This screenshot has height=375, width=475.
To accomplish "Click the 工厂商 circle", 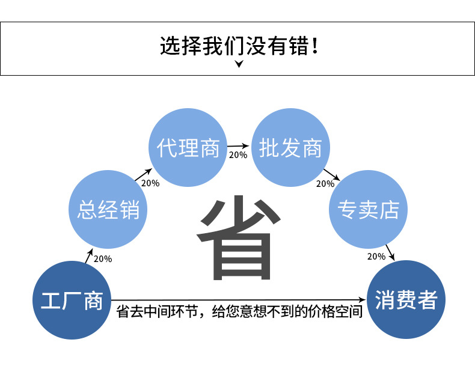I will pyautogui.click(x=72, y=300).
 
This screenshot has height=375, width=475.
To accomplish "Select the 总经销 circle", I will pyautogui.click(x=108, y=210).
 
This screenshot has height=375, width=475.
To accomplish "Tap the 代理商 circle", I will pyautogui.click(x=188, y=147).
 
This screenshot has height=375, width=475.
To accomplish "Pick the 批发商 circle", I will pyautogui.click(x=290, y=147).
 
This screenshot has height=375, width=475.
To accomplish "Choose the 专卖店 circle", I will pyautogui.click(x=369, y=210).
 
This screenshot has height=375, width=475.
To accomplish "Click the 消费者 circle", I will pyautogui.click(x=406, y=299).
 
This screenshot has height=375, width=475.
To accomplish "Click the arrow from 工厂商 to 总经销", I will pyautogui.click(x=89, y=255).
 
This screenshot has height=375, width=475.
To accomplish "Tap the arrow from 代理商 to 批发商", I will pyautogui.click(x=239, y=145).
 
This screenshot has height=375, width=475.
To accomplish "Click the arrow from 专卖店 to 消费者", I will pyautogui.click(x=390, y=252).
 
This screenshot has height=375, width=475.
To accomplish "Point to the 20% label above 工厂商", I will pyautogui.click(x=103, y=259).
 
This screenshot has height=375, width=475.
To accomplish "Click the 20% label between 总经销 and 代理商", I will pyautogui.click(x=150, y=183).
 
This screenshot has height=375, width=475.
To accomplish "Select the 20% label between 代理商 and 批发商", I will pyautogui.click(x=237, y=155).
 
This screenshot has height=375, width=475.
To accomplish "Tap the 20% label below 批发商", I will pyautogui.click(x=325, y=184).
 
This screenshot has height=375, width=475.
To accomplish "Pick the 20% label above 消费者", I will pyautogui.click(x=376, y=257).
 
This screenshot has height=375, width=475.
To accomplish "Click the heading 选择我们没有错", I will pyautogui.click(x=238, y=46).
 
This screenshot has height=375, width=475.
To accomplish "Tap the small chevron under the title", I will pyautogui.click(x=239, y=64).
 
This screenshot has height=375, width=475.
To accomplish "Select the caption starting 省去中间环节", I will pyautogui.click(x=239, y=312).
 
